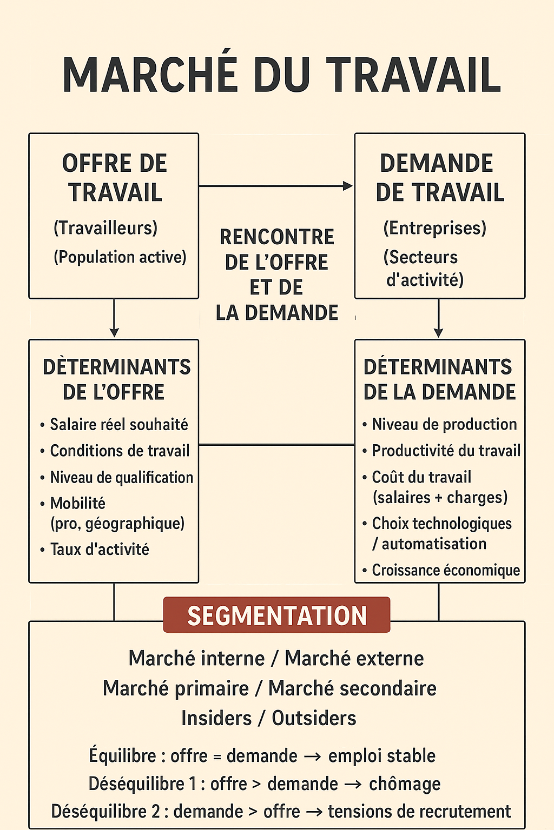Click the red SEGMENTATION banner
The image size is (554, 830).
[x=276, y=615]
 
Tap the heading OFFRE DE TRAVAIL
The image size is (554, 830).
[x=115, y=178]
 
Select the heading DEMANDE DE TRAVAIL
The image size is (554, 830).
[x=439, y=178]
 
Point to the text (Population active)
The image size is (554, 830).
[x=120, y=257]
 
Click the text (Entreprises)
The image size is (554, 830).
[x=434, y=228]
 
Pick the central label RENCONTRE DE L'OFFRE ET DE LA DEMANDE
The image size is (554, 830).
[x=276, y=275]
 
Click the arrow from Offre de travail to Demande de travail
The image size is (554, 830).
[x=276, y=186]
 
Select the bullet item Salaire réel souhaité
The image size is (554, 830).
[x=118, y=424]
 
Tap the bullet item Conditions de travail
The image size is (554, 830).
[x=120, y=451]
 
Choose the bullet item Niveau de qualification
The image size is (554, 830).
[x=121, y=477]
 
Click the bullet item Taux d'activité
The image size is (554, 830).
[x=100, y=550]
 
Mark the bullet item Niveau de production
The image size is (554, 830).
[x=444, y=424]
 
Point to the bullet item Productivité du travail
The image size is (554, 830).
[x=446, y=451]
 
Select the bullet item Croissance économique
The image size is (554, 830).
[x=446, y=570]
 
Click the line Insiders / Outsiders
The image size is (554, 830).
[x=268, y=718]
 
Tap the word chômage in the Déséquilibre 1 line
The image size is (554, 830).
[x=405, y=784]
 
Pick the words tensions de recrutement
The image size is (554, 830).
[x=419, y=811]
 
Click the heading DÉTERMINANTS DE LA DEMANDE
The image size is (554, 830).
[x=439, y=379]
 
